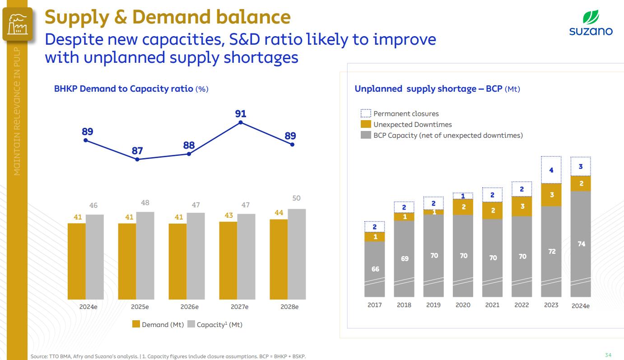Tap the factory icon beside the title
(x=18, y=24)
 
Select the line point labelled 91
(x=241, y=122)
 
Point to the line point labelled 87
(x=137, y=159)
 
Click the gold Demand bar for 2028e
(x=279, y=259)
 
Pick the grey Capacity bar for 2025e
(x=145, y=256)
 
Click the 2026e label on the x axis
(x=189, y=307)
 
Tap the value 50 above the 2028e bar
(x=296, y=198)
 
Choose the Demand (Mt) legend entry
(x=158, y=324)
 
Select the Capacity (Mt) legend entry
(x=214, y=324)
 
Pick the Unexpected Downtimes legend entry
(x=406, y=125)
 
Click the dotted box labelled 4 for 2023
(x=551, y=170)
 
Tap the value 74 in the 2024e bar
(x=581, y=244)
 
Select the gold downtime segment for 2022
(x=522, y=206)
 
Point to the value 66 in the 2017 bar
(x=375, y=269)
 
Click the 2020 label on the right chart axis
(x=463, y=305)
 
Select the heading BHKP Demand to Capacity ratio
(x=124, y=89)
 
